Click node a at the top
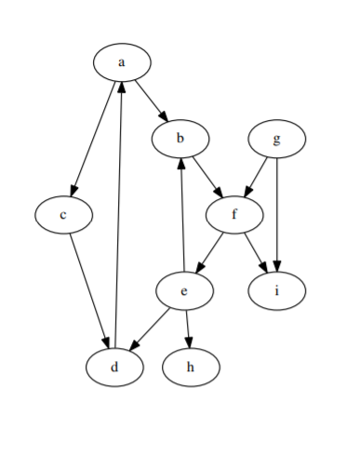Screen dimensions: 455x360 pyautogui.click(x=122, y=62)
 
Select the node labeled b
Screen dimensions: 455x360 pyautogui.click(x=180, y=139)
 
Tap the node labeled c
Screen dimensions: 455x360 pyautogui.click(x=63, y=215)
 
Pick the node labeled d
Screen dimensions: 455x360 pyautogui.click(x=114, y=366)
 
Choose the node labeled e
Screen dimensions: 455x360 pyautogui.click(x=184, y=291)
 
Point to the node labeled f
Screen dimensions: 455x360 pyautogui.click(x=235, y=215)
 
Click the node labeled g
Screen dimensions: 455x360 pyautogui.click(x=277, y=139)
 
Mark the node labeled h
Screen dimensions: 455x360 pyautogui.click(x=191, y=366)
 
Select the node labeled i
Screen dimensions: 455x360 pyautogui.click(x=277, y=291)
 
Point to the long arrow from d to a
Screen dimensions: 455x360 pyautogui.click(x=118, y=214)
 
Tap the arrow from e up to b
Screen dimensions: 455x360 pyautogui.click(x=182, y=215)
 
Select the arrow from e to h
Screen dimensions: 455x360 pyautogui.click(x=188, y=328)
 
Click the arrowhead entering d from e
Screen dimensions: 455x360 pyautogui.click(x=134, y=346)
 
